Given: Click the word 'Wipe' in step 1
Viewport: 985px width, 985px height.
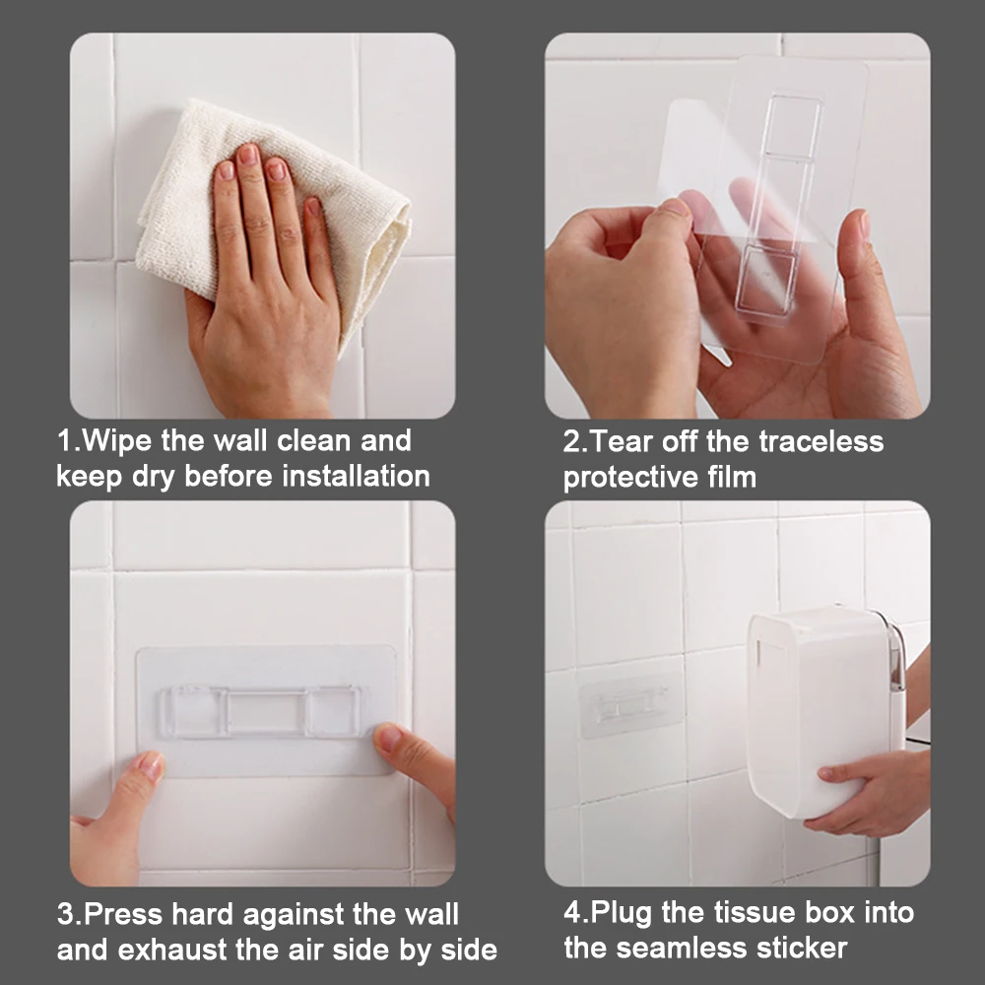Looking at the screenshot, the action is click(x=117, y=440).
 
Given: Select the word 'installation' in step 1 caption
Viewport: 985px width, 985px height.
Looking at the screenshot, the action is click(x=357, y=476).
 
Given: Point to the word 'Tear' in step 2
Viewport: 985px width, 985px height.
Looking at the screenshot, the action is click(x=622, y=441).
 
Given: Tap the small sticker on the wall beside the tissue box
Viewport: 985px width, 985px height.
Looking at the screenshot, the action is click(x=630, y=703).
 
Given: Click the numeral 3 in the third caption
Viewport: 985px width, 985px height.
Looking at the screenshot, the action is click(x=65, y=915).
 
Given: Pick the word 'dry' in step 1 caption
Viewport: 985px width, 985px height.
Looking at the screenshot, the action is click(x=153, y=477).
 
